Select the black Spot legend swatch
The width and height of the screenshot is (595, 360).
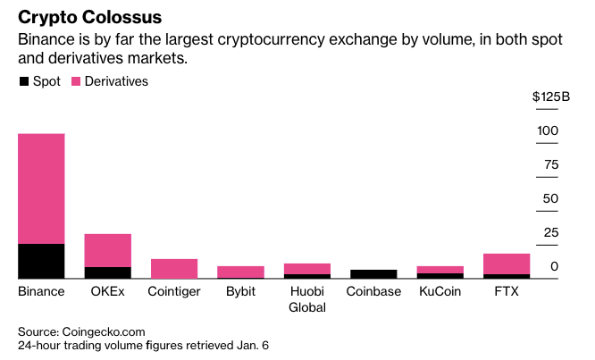23,81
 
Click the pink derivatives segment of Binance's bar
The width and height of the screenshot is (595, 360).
41,188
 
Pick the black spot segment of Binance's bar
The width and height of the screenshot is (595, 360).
41,261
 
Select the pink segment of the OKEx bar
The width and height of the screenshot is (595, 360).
107,250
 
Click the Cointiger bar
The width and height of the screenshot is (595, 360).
174,268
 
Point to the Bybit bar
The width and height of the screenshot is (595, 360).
240,272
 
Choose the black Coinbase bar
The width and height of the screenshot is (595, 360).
373,274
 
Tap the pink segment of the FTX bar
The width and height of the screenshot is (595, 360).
507,264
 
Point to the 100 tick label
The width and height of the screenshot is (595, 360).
548,130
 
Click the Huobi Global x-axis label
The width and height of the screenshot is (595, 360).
306,299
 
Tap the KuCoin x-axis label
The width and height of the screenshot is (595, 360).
440,291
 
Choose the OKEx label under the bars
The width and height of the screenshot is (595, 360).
107,291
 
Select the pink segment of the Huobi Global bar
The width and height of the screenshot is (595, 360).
306,268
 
